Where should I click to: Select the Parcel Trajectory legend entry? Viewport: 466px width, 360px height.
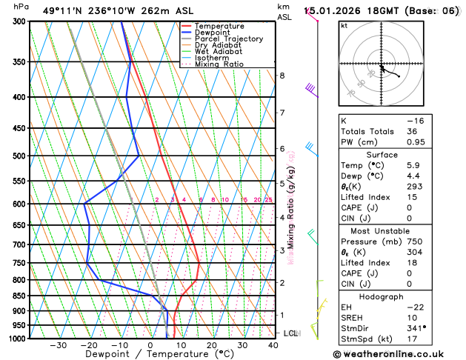(x=228, y=39)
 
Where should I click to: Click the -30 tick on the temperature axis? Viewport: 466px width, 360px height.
(x=58, y=345)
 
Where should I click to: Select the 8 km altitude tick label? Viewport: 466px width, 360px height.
(x=282, y=76)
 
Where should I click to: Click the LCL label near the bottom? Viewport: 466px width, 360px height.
(x=290, y=333)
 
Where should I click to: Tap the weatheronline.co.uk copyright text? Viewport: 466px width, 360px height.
(x=396, y=353)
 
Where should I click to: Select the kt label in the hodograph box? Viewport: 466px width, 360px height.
(x=344, y=25)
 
